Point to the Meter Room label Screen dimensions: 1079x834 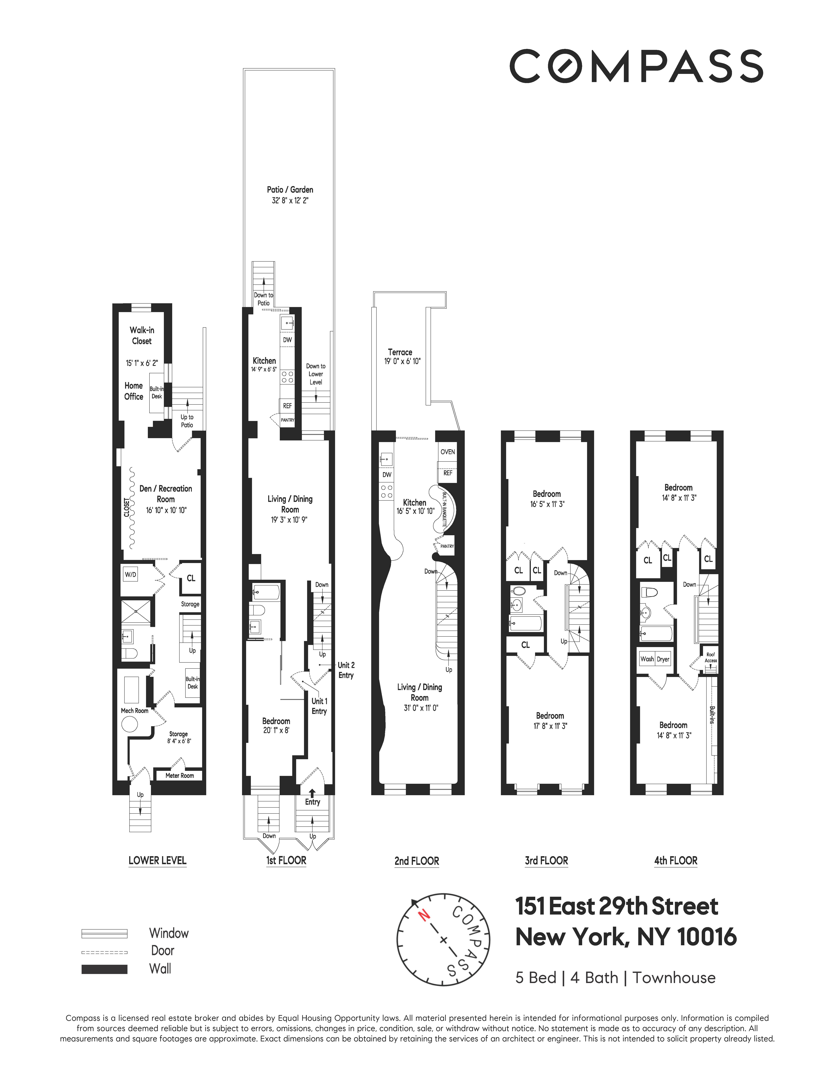tap(179, 776)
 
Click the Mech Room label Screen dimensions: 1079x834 tap(134, 711)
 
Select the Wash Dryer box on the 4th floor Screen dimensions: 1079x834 tap(655, 659)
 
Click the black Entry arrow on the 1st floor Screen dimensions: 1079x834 tap(312, 792)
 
